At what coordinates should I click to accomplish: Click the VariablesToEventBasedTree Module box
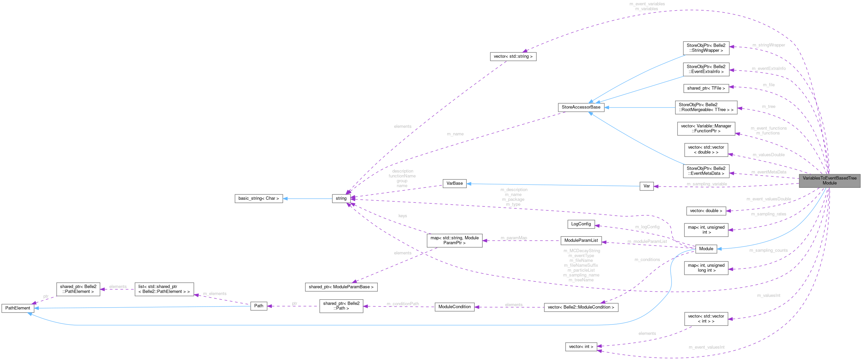[x=829, y=180]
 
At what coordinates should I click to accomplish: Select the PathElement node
[x=18, y=308]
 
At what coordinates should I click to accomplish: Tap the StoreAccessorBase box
[x=581, y=107]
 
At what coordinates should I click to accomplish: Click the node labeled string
[x=341, y=198]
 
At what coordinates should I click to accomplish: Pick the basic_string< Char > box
[x=258, y=198]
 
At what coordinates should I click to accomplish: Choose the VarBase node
[x=454, y=183]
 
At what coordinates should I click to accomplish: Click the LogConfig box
[x=581, y=224]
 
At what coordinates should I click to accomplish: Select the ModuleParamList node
[x=581, y=240]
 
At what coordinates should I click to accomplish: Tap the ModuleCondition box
[x=454, y=307]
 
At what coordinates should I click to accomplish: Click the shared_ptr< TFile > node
[x=706, y=88]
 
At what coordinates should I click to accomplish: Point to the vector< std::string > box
[x=512, y=56]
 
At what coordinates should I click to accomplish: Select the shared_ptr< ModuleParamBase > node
[x=341, y=287]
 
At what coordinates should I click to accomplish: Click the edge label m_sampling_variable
[x=706, y=184]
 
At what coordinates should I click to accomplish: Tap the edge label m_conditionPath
[x=403, y=304]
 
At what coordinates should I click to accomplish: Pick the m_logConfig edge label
[x=647, y=227]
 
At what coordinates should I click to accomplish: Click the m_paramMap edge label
[x=513, y=238]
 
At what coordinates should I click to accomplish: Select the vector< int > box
[x=581, y=347]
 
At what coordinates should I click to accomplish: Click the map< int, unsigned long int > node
[x=706, y=268]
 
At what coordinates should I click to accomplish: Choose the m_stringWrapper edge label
[x=768, y=45]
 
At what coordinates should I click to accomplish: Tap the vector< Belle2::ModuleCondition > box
[x=581, y=307]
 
